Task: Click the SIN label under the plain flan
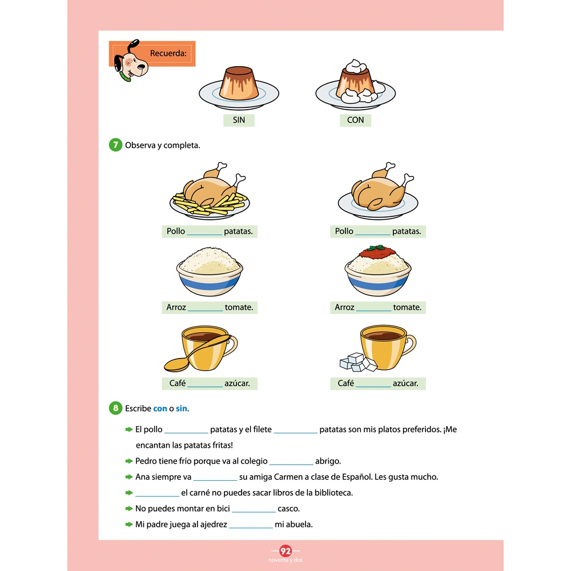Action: tap(239, 120)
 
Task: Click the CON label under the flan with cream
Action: tap(355, 120)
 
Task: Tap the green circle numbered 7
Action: tap(115, 145)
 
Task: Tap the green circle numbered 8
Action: tap(115, 408)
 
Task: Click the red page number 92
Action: tap(285, 551)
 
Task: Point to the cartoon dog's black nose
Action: tap(141, 67)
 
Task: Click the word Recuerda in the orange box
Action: tap(168, 53)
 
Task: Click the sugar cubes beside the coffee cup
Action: tap(359, 363)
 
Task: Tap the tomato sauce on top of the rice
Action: tap(377, 252)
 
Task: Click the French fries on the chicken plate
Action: tap(210, 204)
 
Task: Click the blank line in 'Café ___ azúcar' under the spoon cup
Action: tap(205, 386)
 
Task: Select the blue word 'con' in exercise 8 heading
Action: tap(160, 409)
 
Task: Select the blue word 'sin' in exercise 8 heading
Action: tap(182, 409)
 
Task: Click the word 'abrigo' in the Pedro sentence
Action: tap(327, 461)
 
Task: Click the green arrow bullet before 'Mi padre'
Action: tap(129, 524)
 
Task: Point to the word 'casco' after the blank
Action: tap(287, 509)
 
